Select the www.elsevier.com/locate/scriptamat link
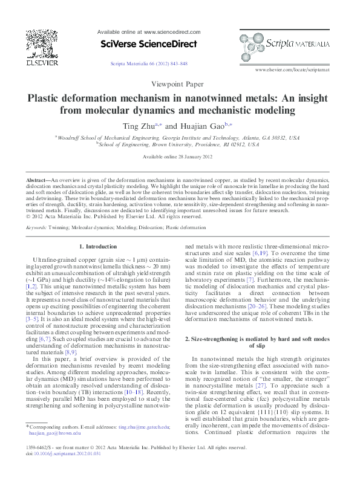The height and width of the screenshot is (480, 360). point(293,70)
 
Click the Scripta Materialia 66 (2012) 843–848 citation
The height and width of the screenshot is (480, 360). point(149,63)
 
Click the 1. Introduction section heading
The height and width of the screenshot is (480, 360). point(99,247)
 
